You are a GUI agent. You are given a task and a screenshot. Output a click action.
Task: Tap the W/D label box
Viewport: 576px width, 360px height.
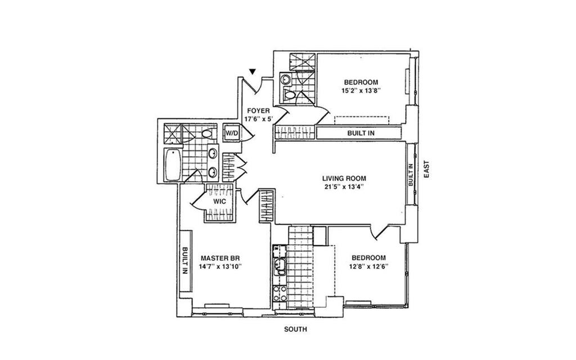[232, 133]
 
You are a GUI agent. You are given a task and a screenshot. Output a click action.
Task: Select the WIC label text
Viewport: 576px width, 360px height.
[219, 201]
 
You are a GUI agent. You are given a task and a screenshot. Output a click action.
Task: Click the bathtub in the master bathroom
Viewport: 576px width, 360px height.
[173, 165]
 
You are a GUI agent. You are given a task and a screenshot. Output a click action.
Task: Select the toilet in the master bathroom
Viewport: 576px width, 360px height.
[207, 134]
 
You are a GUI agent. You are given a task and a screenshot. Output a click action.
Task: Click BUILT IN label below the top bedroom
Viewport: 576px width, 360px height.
[358, 133]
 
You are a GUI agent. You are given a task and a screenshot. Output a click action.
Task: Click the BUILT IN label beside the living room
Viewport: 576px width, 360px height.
[411, 175]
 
